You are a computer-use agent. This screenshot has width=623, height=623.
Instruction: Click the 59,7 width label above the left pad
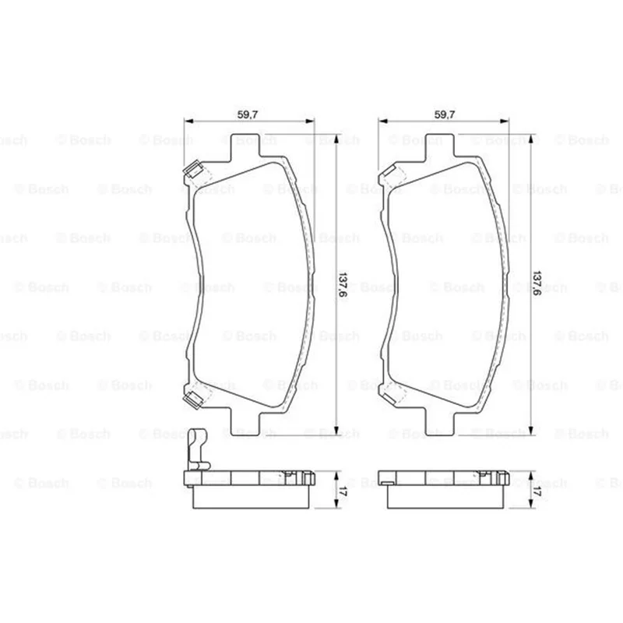pos(248,114)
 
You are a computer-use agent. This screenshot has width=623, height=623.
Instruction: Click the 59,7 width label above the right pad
pos(445,114)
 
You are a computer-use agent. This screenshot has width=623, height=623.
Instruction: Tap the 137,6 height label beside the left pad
pos(343,284)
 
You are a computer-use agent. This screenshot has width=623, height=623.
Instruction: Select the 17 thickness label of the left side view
pos(343,490)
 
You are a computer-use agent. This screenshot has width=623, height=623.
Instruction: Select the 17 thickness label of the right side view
pos(537,490)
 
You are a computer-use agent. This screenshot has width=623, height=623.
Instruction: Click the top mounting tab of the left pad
pos(245,146)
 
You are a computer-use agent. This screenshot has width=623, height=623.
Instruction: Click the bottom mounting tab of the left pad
pos(245,424)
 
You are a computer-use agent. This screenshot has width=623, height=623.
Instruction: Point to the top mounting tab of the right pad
pos(439,146)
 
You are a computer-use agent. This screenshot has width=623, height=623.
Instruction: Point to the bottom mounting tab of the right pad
pos(439,424)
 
